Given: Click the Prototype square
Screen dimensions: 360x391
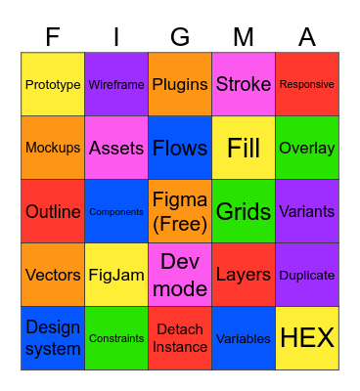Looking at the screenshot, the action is point(53,85).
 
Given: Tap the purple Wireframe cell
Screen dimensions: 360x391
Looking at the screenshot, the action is point(116,85).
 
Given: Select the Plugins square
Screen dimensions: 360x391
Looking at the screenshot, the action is point(180,85).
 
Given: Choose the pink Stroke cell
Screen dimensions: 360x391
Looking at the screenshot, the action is point(244,85).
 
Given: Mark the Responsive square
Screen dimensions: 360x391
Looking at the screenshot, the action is point(307,85).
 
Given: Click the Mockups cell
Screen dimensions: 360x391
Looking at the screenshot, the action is point(53,149).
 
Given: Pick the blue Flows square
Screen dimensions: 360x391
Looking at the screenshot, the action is point(180,149).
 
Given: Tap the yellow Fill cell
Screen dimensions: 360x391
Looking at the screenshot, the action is point(244,149).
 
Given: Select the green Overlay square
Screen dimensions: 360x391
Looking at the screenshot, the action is point(307,149).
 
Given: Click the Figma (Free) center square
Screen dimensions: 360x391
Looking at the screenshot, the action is point(180,212).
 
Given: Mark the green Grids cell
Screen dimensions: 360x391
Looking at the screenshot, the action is point(244,212).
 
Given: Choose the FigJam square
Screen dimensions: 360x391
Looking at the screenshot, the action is point(116,276).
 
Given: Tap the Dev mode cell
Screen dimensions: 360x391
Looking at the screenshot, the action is point(180,276).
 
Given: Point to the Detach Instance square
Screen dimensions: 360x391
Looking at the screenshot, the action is point(180,339).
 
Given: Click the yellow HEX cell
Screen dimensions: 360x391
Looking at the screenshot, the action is point(307,339).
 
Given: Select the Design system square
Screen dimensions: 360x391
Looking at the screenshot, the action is point(53,339).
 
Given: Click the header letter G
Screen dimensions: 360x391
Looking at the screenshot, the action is point(180,37).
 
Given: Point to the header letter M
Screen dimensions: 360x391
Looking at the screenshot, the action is point(244,37).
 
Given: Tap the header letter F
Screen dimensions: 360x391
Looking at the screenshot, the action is point(53,37).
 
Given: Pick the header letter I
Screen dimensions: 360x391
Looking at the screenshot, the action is point(116,37).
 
